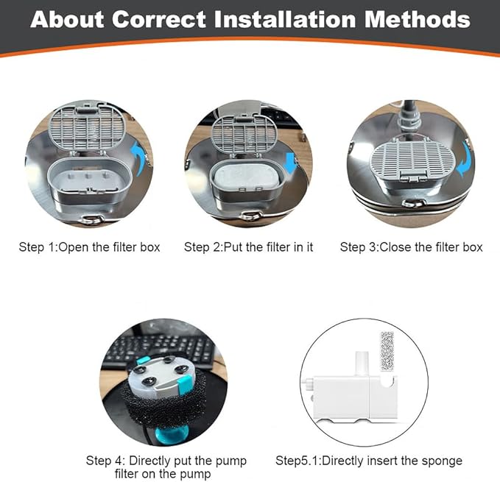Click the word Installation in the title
point(285,19)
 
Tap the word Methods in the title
point(418,19)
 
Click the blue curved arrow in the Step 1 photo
point(138,158)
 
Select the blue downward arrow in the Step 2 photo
point(291,163)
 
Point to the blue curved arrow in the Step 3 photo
point(465,159)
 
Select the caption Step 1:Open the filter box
point(89,247)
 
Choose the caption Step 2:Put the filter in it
point(248,247)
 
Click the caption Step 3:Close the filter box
point(411,247)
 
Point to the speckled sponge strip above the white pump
point(387,351)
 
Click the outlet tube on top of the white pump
point(362,364)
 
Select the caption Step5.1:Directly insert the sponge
point(369,461)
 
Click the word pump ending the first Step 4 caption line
point(231,461)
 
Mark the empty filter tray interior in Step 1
point(88,179)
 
